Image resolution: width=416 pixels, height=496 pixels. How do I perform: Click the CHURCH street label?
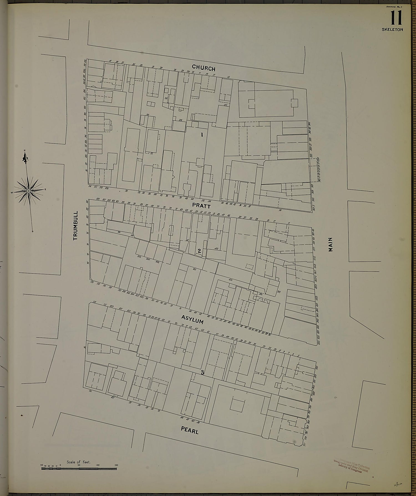[204, 68]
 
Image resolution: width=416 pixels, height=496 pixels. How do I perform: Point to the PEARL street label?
[190, 430]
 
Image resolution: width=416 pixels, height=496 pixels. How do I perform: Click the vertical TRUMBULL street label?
[76, 226]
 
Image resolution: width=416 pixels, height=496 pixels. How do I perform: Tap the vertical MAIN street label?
[330, 245]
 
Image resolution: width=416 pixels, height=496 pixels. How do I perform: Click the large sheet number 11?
[396, 19]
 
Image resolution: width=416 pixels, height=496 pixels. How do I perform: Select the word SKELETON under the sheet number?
[392, 29]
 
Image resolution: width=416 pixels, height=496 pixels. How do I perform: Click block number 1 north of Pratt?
[202, 135]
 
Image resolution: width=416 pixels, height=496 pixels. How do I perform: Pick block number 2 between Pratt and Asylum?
[199, 251]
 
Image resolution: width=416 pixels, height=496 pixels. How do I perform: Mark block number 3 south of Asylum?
[202, 373]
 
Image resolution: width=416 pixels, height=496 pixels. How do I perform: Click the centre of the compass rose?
[29, 191]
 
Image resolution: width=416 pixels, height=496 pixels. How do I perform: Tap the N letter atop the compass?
[25, 150]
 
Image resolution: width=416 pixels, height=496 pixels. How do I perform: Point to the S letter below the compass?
[32, 231]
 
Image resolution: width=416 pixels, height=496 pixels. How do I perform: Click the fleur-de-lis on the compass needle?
[26, 159]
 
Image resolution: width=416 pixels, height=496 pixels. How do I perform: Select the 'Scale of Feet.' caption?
[78, 462]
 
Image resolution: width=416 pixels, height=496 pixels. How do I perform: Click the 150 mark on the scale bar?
[116, 465]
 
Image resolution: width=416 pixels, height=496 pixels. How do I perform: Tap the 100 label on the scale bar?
[98, 465]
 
